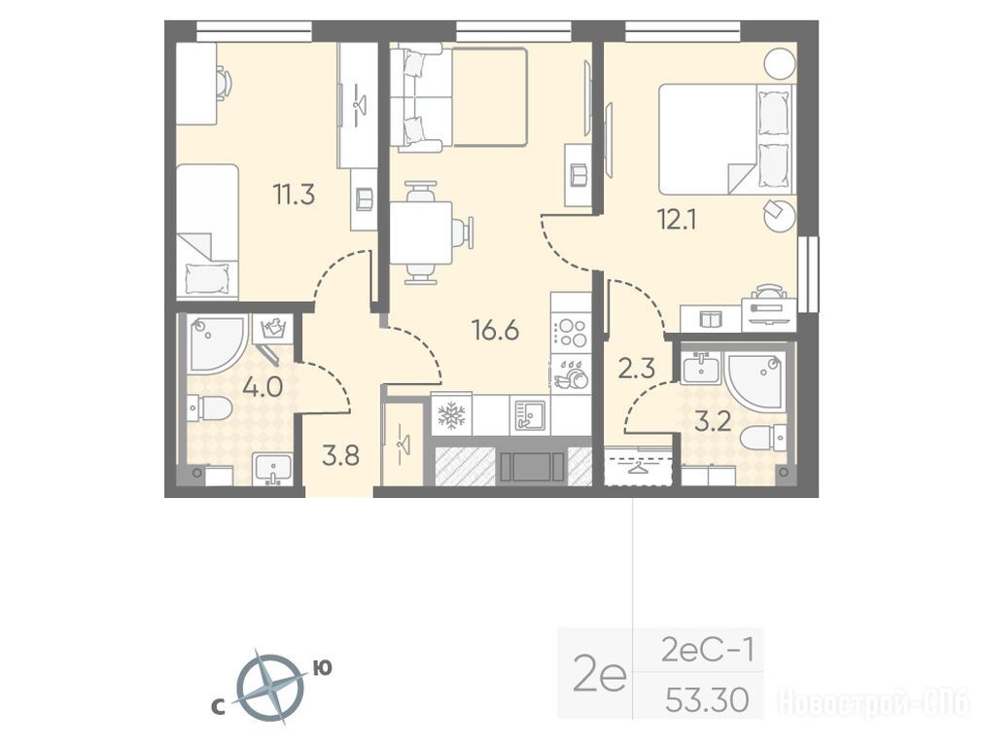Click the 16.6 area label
point(496,330)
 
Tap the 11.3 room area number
point(294,195)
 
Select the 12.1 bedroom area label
point(677,220)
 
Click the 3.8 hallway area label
point(340,456)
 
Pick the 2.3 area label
point(636,368)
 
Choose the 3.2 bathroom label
point(713,421)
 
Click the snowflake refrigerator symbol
point(451,415)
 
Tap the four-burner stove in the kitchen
point(572,333)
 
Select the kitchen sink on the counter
point(530,415)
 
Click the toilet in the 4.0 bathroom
point(210,409)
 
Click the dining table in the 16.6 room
point(421,232)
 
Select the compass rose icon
point(270,688)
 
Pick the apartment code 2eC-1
point(707,651)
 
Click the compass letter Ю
point(322,668)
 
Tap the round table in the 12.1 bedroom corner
point(780,64)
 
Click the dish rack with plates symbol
point(571,374)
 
